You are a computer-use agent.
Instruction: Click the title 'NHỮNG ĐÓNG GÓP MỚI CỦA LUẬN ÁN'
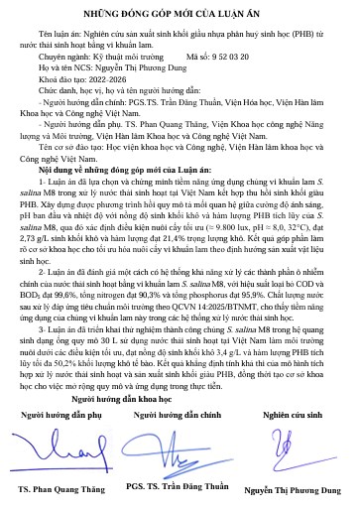pyautogui.click(x=180, y=12)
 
